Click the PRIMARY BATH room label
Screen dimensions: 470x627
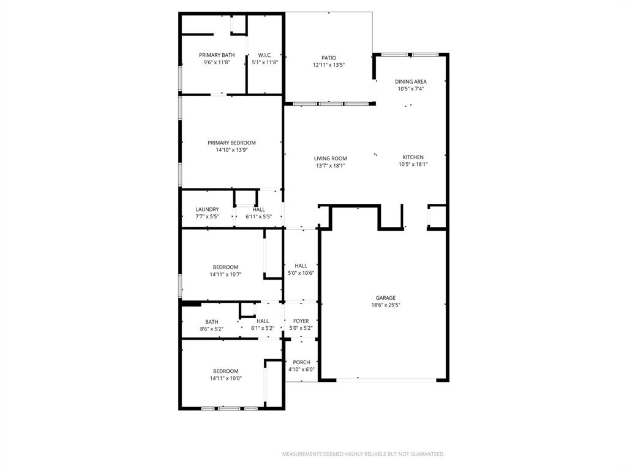point(217,55)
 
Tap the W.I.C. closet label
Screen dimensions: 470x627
point(265,55)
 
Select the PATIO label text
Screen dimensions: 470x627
point(329,58)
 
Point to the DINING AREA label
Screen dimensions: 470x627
point(410,81)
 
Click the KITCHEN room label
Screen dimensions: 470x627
point(413,157)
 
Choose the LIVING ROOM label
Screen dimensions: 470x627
point(331,159)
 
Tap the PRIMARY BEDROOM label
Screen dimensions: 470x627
point(231,143)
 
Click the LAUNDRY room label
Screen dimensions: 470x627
point(207,209)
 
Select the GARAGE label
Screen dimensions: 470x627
point(386,298)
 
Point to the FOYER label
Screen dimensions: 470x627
point(301,321)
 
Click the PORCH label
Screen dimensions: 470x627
point(301,362)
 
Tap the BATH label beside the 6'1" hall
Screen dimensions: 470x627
point(211,322)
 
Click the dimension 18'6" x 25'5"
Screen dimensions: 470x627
point(386,305)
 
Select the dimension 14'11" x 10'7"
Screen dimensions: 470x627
point(225,274)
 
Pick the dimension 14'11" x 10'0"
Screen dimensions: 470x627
point(225,378)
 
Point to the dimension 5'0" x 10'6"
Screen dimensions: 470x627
point(301,273)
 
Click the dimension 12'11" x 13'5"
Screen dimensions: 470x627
point(329,65)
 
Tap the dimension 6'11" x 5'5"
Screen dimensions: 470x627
point(258,217)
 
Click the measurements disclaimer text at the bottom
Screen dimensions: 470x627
point(363,454)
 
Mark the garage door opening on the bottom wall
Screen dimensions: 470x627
point(386,380)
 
